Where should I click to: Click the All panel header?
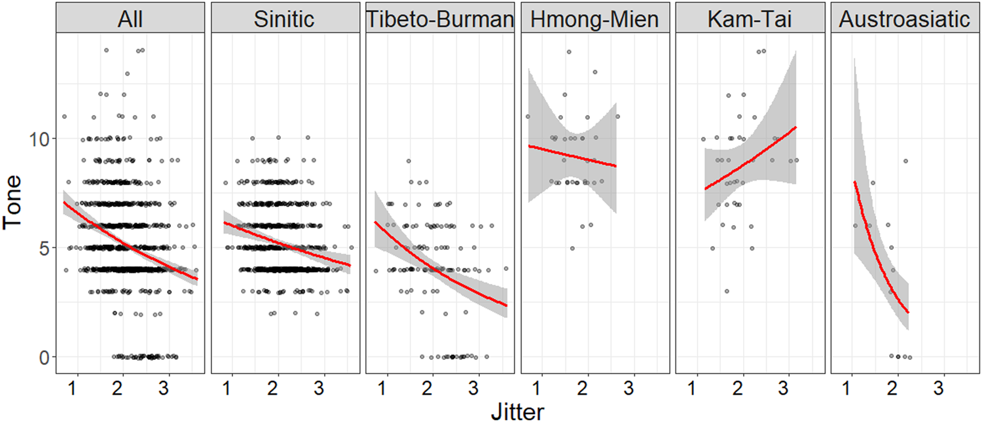pos(131,20)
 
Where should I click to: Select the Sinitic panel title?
pos(284,20)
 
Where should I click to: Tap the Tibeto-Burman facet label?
pos(439,20)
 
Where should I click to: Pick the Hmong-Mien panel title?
pos(594,20)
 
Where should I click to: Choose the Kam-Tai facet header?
pos(749,20)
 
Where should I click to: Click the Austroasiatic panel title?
pos(904,20)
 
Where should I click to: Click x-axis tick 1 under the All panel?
pos(77,387)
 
